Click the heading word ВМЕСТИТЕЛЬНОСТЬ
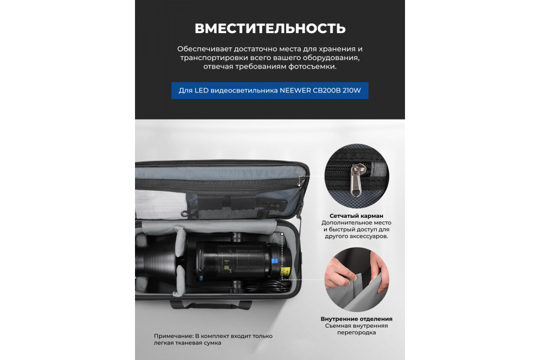pyautogui.click(x=270, y=28)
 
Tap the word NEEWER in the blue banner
pyautogui.click(x=295, y=91)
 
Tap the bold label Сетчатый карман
pyautogui.click(x=356, y=215)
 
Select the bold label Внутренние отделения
pyautogui.click(x=356, y=319)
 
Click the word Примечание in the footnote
pyautogui.click(x=173, y=336)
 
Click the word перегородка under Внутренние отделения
pyautogui.click(x=356, y=332)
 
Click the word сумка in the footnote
pyautogui.click(x=214, y=343)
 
